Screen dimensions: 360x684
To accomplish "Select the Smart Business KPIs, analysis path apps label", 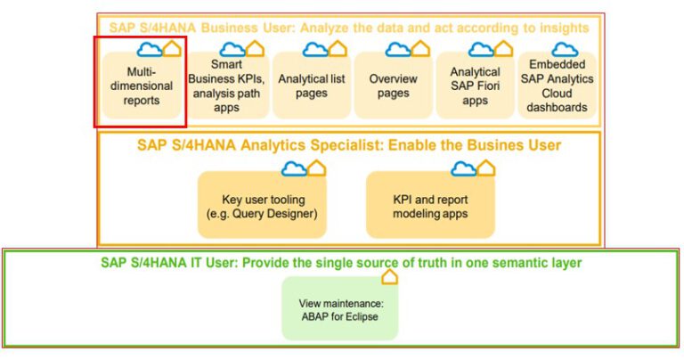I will pos(226,86).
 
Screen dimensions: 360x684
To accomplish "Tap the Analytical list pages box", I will pos(311,86).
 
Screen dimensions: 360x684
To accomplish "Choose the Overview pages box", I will pos(393,86).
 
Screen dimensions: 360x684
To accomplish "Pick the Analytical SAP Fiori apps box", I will pos(475,86).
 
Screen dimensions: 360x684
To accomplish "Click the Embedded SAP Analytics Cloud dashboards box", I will pos(558,86).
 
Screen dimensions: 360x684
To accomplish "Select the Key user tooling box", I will pos(262,206).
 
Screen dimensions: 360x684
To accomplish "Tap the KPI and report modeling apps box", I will pos(431,206).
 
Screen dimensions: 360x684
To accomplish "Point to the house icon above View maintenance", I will pos(389,277).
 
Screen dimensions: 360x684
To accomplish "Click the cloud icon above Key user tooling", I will pos(293,168).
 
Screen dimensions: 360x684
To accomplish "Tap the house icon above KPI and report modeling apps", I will pos(485,168).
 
